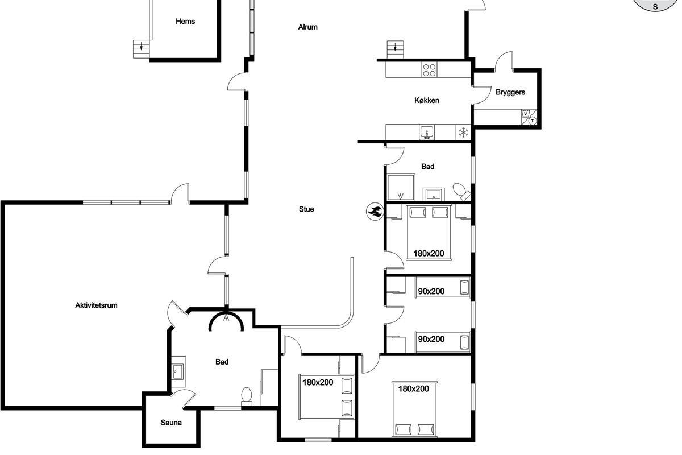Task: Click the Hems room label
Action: pyautogui.click(x=185, y=22)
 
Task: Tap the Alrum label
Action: pyautogui.click(x=308, y=27)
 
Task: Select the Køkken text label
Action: pyautogui.click(x=427, y=100)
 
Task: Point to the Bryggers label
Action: pyautogui.click(x=510, y=92)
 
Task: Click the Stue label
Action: pyautogui.click(x=306, y=209)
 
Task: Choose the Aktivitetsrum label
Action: pyautogui.click(x=96, y=305)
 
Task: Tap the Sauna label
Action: pyautogui.click(x=171, y=423)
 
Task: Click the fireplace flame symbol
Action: pyautogui.click(x=375, y=211)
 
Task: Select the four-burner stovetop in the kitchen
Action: pyautogui.click(x=429, y=70)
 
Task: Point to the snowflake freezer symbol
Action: pyautogui.click(x=463, y=133)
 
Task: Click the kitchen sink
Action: pyautogui.click(x=427, y=133)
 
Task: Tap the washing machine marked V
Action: pyautogui.click(x=526, y=114)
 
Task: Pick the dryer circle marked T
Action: pyautogui.click(x=532, y=121)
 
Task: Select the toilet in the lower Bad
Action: pyautogui.click(x=247, y=396)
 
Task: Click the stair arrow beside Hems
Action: pyautogui.click(x=142, y=46)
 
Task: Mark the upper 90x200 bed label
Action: pyautogui.click(x=431, y=292)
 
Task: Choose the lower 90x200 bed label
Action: pyautogui.click(x=431, y=339)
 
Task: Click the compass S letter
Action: pyautogui.click(x=655, y=6)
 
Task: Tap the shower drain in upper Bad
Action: pyautogui.click(x=401, y=195)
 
